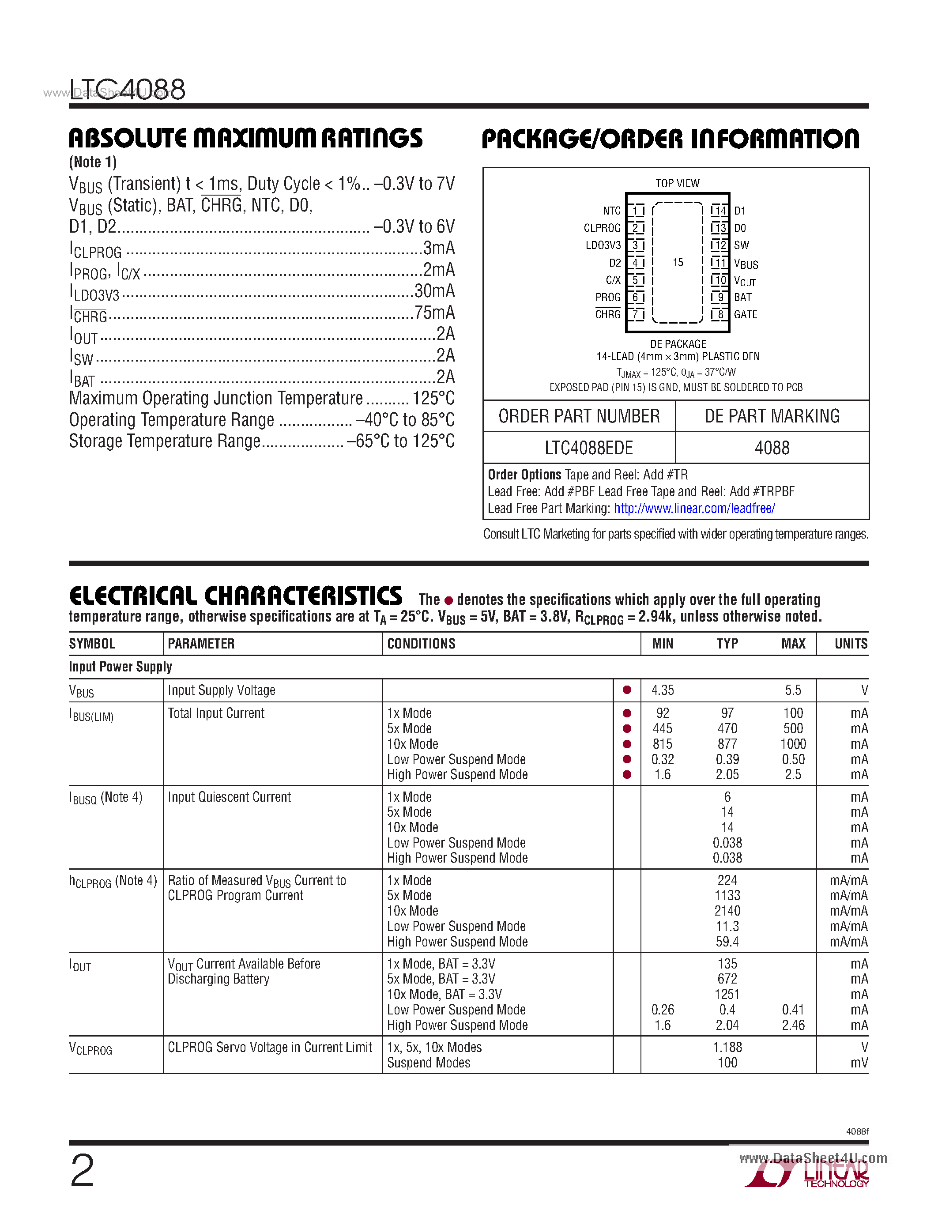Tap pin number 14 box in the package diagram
(x=720, y=211)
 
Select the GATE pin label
(x=745, y=315)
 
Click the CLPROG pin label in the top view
(x=602, y=228)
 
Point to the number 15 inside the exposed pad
(x=678, y=262)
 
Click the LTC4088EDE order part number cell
(x=588, y=448)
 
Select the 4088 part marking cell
(x=772, y=448)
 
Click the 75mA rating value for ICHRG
(x=434, y=313)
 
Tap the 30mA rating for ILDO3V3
(x=434, y=291)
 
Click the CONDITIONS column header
(x=421, y=644)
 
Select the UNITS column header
(x=850, y=644)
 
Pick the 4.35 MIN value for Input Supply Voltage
(x=663, y=690)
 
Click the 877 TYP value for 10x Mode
(x=727, y=744)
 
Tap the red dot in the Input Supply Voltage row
(x=627, y=690)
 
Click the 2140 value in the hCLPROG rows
(x=727, y=911)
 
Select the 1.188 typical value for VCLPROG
(x=727, y=1047)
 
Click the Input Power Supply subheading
(x=121, y=667)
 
